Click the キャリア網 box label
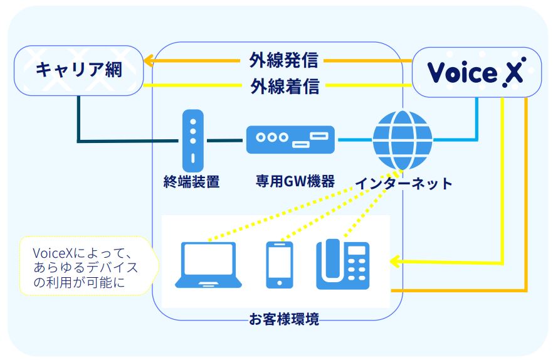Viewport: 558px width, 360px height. click(x=78, y=70)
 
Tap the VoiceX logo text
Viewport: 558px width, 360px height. click(x=475, y=73)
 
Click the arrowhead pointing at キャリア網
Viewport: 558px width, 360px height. click(x=149, y=61)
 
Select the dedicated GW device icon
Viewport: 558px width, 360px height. click(x=290, y=139)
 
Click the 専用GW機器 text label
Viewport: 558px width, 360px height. click(x=295, y=182)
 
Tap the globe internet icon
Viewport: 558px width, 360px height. click(x=402, y=139)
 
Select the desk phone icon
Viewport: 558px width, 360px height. click(x=342, y=265)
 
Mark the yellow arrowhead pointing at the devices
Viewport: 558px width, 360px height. click(x=395, y=260)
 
